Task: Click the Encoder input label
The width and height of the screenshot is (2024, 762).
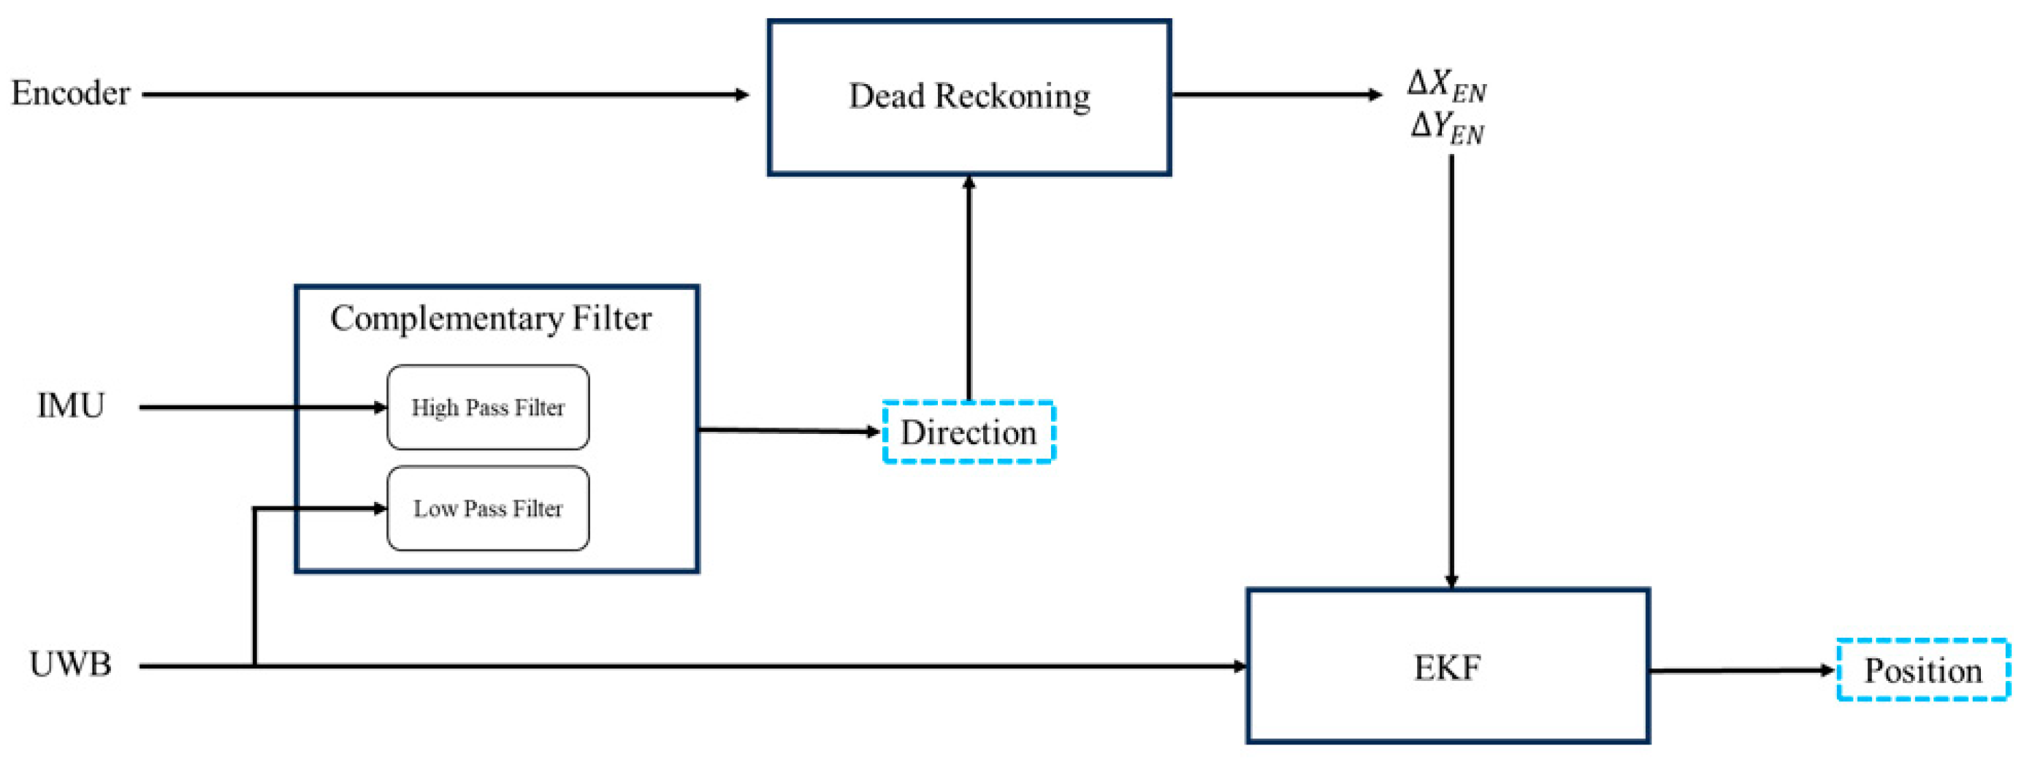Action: [70, 94]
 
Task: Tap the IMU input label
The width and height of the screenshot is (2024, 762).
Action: [71, 406]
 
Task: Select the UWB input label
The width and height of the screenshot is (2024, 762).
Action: [70, 665]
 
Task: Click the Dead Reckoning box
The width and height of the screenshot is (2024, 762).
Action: [969, 96]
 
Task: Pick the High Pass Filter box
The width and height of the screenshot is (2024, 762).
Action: [488, 407]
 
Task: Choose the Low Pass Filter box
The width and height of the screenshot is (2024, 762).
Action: [488, 508]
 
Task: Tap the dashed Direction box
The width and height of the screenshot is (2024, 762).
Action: [968, 432]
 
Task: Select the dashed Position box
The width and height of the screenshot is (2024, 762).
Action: [1922, 670]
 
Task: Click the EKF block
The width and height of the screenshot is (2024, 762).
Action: [1447, 666]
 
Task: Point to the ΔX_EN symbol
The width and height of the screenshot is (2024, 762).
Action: [1446, 85]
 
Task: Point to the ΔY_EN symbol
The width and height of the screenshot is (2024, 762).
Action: [1446, 127]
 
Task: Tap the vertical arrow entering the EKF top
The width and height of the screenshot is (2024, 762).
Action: [1451, 369]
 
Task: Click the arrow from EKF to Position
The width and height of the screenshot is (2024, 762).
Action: [1741, 671]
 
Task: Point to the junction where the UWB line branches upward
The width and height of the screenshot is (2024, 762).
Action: [255, 666]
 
